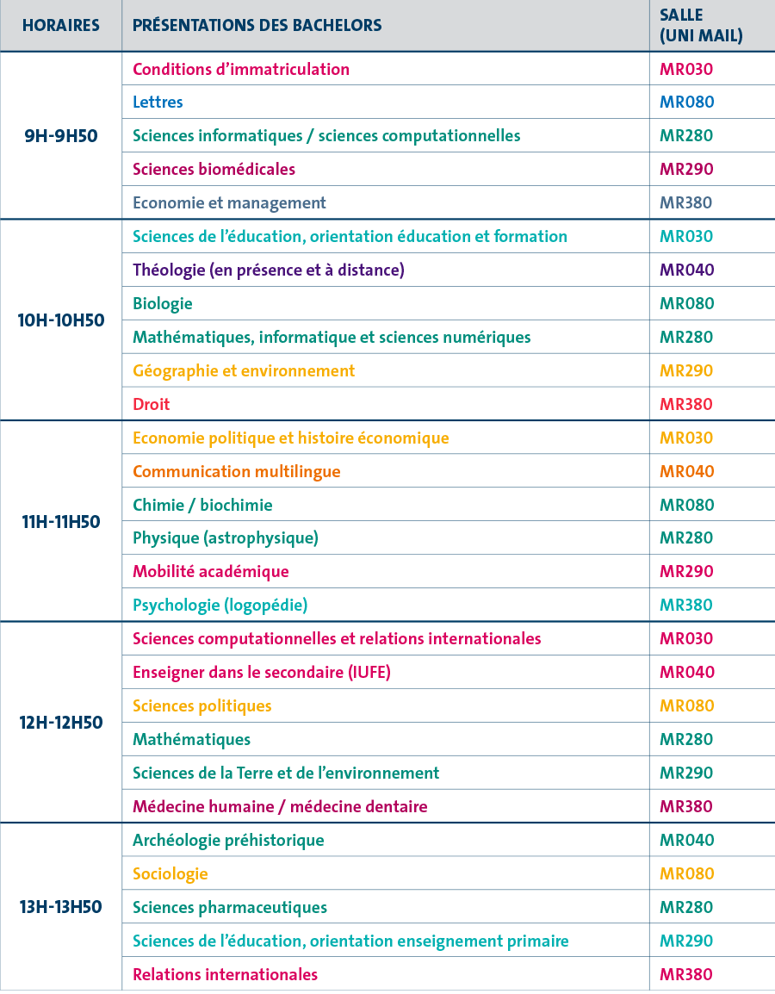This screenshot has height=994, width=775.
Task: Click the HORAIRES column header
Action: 60,25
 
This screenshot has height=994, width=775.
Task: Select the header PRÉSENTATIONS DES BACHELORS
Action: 257,25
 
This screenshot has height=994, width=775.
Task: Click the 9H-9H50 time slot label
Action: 60,135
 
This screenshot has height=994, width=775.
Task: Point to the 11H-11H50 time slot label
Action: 60,521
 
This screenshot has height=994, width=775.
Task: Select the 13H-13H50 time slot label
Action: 60,907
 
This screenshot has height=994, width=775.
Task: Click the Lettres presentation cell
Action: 158,102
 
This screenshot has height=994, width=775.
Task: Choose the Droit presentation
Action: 152,404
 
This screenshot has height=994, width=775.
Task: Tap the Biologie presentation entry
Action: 163,303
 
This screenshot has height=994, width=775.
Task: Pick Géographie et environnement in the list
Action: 244,370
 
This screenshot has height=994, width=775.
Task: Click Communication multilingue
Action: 237,471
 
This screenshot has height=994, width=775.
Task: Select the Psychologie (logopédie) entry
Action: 220,605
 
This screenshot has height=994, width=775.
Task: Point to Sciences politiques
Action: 201,705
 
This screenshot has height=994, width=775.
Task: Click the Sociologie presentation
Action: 170,873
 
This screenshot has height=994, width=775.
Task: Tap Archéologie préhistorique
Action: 228,840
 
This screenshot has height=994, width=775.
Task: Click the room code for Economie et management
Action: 686,202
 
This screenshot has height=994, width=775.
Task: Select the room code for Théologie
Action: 686,270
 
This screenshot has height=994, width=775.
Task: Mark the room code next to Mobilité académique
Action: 686,571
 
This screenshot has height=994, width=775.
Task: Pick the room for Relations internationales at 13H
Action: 686,974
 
